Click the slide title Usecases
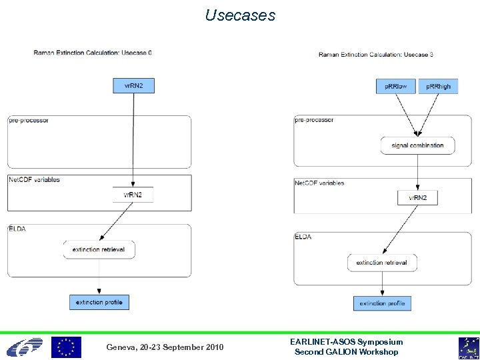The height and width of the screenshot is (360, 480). coord(240,15)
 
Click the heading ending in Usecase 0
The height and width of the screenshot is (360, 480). coord(93,53)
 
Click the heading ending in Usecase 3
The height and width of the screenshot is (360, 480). coord(376,55)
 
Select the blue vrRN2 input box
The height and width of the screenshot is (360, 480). coord(134,85)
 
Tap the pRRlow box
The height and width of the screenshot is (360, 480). coord(396,86)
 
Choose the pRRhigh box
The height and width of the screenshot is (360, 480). coord(438,86)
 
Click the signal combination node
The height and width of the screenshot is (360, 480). coord(417,145)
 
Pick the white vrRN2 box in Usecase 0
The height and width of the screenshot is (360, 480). coord(133,195)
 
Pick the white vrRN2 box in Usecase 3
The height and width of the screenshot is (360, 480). coord(417,198)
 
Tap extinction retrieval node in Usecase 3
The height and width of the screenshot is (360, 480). coord(381,263)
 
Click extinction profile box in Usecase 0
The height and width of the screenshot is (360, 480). coord(99,302)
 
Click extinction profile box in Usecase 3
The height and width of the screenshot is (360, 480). coord(382,303)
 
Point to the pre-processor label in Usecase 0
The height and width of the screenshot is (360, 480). coord(29,121)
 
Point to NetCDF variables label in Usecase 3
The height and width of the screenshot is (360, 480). coord(320,183)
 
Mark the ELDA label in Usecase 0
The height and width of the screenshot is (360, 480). coord(17,229)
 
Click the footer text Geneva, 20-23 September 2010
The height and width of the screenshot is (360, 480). coord(165,347)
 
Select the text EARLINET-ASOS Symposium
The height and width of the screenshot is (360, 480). coord(347,342)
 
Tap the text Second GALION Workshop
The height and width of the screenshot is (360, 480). coord(347,352)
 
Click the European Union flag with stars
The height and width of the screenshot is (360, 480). coord(66,347)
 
